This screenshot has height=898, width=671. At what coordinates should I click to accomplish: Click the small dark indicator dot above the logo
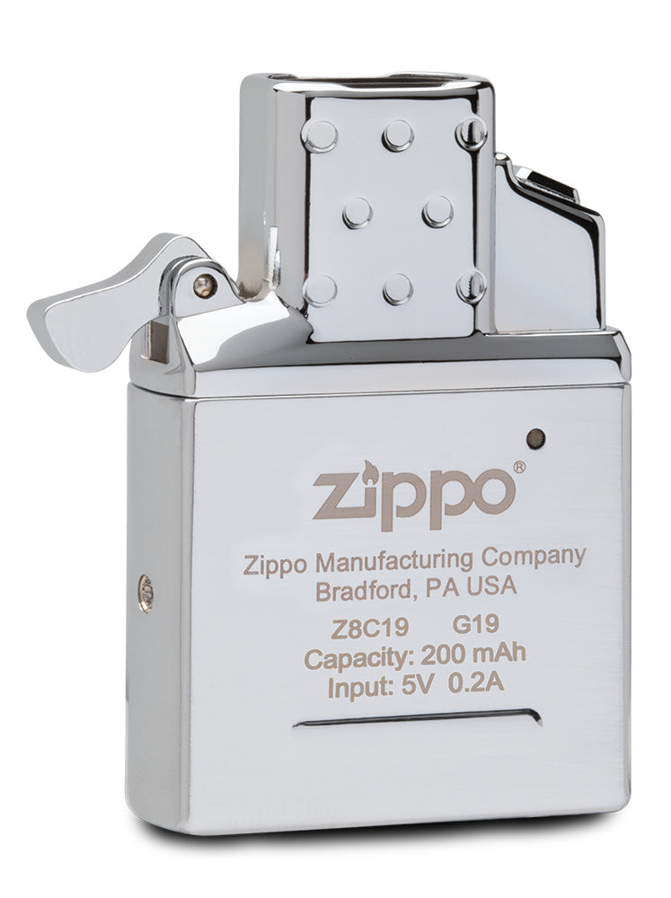click(535, 437)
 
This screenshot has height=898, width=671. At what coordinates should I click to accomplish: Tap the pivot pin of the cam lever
click(204, 285)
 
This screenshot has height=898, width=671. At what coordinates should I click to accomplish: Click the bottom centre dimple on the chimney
click(396, 289)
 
